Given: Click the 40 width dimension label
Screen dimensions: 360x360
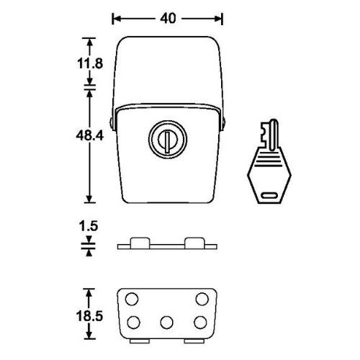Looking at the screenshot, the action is (168, 18).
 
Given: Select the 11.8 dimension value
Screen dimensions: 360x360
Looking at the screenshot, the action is (90, 63).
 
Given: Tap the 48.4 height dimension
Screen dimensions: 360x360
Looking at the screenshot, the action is (89, 135).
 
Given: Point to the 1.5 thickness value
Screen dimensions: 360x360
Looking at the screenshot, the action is (89, 226).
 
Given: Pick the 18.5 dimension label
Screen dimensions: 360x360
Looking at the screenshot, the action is (89, 316).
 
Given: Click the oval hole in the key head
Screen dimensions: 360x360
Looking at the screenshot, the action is (269, 195).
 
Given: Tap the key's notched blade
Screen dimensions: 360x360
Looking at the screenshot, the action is (269, 135).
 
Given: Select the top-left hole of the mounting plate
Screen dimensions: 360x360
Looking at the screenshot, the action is (132, 299).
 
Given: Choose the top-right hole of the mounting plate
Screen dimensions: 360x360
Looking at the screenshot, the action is (202, 299).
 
